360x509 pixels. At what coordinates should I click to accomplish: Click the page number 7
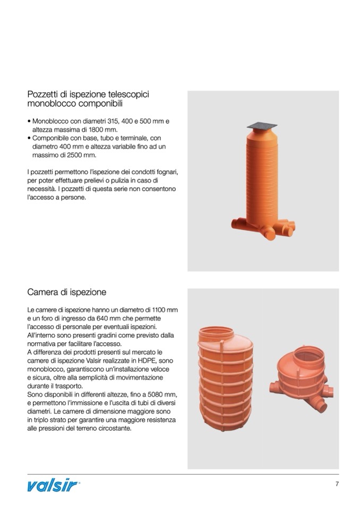click(337, 484)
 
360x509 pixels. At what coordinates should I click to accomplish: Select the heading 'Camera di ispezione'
click(66, 292)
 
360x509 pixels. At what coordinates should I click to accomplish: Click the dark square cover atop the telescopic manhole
click(262, 126)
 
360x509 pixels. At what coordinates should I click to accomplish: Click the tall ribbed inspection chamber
click(225, 379)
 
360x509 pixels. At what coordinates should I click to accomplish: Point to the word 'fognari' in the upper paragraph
click(167, 172)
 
